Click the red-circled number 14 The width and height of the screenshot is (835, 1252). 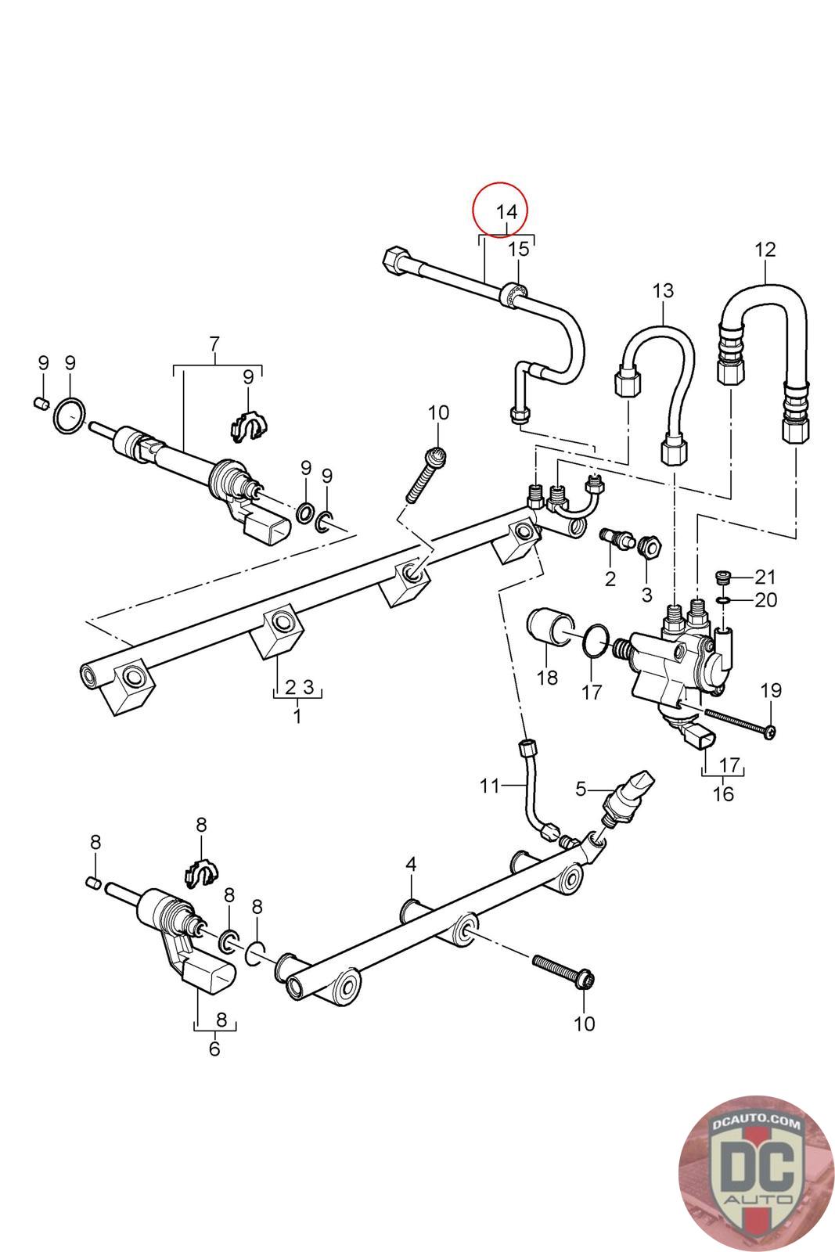tap(506, 212)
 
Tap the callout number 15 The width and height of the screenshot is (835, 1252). tap(518, 250)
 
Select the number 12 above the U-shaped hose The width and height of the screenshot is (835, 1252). tap(765, 250)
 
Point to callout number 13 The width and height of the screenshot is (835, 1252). tap(663, 290)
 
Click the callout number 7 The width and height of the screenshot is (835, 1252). tap(214, 344)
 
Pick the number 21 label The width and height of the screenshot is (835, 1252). tap(765, 576)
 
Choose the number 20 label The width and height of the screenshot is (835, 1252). tap(765, 599)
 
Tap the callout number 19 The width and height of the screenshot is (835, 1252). tap(771, 690)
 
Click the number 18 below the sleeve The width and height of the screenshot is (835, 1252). tap(546, 678)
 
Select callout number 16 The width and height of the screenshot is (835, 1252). tap(722, 793)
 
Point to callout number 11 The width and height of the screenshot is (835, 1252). tap(489, 786)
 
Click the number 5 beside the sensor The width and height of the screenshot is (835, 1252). tap(581, 789)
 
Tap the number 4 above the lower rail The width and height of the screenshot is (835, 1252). tap(411, 865)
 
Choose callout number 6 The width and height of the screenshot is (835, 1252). tap(214, 1049)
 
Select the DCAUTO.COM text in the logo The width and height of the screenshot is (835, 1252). tap(756, 1123)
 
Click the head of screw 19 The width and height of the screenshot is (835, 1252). tap(770, 732)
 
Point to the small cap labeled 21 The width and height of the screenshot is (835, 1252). tap(724, 577)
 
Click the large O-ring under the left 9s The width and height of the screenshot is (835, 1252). tap(70, 414)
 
